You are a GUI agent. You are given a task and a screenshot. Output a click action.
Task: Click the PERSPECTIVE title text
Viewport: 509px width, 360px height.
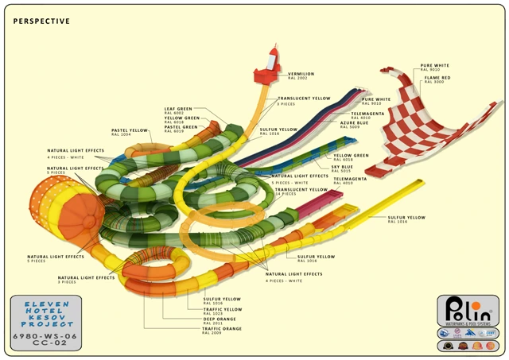41,21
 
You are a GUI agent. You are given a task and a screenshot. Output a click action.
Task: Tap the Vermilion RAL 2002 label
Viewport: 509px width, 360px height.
301,76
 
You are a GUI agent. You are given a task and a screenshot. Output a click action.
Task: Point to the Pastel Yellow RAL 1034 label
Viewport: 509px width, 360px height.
130,132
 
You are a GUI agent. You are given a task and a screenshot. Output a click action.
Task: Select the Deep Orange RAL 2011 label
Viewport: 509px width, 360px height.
219,319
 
